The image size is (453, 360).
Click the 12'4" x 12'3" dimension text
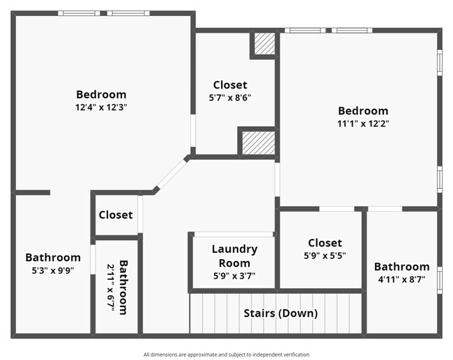click(x=101, y=107)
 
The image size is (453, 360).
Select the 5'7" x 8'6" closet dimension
click(x=230, y=97)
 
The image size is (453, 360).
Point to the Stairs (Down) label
click(x=280, y=313)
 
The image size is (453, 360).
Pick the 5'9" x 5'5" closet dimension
click(x=325, y=255)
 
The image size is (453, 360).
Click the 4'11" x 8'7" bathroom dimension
click(x=401, y=279)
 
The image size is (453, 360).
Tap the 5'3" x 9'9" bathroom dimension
click(x=53, y=270)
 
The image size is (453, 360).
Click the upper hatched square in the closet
click(x=263, y=44)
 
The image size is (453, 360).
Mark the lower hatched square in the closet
click(x=257, y=143)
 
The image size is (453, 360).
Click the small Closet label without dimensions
click(x=116, y=214)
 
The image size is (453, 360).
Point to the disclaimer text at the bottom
click(x=227, y=354)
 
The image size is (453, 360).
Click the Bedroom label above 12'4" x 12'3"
click(x=101, y=95)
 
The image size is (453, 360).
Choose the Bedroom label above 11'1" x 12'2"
click(x=363, y=111)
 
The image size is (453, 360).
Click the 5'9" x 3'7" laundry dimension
click(x=234, y=275)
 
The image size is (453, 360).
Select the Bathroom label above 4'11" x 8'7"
click(x=401, y=267)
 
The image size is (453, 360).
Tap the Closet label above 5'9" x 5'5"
click(x=325, y=242)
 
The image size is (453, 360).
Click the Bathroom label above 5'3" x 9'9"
click(x=53, y=258)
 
